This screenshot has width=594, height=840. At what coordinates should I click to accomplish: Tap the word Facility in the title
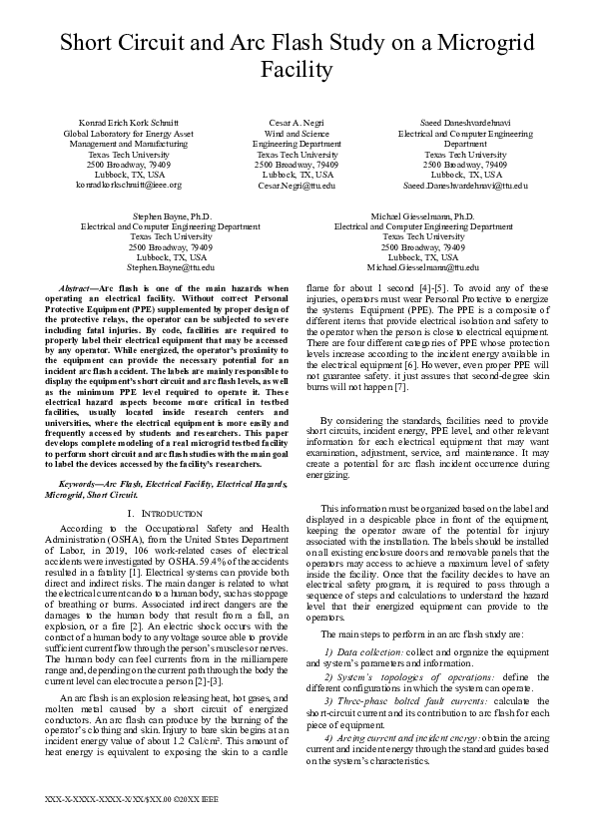297,69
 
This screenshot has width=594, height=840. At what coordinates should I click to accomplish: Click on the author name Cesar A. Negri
297,122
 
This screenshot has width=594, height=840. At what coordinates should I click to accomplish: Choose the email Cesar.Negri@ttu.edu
297,186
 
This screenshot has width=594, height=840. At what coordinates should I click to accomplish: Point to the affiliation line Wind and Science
297,133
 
